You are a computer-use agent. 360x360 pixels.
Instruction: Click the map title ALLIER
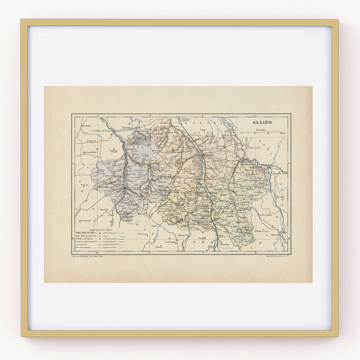click(x=262, y=122)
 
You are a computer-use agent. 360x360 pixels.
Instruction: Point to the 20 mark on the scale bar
click(x=268, y=134)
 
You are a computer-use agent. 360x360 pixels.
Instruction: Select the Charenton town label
click(x=126, y=127)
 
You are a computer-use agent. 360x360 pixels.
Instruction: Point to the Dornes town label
click(x=203, y=130)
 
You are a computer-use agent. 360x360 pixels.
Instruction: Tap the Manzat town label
click(x=159, y=246)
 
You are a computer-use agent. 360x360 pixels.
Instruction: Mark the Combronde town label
click(x=170, y=242)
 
